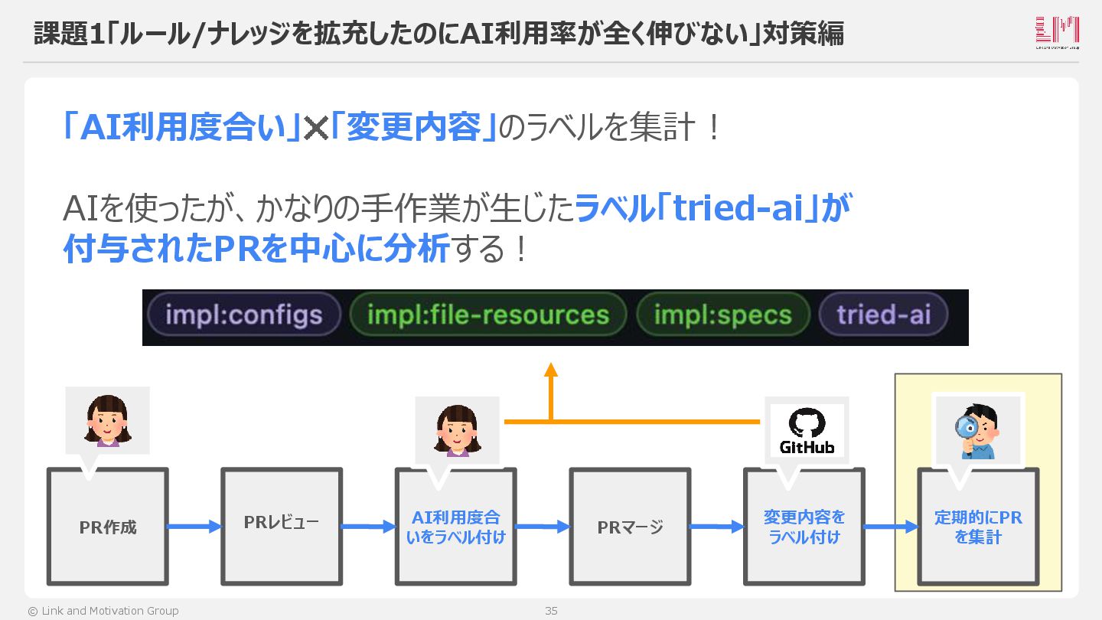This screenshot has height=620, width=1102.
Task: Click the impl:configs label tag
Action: tap(243, 315)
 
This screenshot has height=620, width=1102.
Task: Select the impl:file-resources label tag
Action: tap(488, 315)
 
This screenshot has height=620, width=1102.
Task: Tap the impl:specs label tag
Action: tap(722, 315)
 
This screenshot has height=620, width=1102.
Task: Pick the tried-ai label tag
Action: tap(883, 315)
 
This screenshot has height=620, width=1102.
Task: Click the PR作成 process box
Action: tap(108, 527)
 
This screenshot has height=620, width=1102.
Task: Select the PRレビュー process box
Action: tap(282, 527)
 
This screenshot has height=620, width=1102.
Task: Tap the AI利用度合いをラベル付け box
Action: tap(455, 527)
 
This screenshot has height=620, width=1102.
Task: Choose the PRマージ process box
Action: tap(630, 527)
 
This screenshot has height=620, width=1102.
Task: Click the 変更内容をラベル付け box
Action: tap(804, 527)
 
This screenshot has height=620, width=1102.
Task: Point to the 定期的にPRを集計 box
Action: tap(978, 527)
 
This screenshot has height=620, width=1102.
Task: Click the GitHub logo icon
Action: tap(807, 431)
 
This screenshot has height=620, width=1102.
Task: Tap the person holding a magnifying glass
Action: tap(976, 430)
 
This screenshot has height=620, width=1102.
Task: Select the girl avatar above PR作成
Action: tap(107, 420)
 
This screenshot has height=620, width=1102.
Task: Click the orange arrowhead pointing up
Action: tap(550, 370)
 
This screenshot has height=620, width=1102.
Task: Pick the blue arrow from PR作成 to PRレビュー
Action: tap(194, 526)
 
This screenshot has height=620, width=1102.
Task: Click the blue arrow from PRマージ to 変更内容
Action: tap(717, 526)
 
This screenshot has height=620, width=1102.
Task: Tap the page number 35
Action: tap(551, 611)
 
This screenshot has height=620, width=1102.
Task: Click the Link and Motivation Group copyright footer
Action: tap(103, 611)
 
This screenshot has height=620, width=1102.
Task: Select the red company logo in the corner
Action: tap(1057, 32)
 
